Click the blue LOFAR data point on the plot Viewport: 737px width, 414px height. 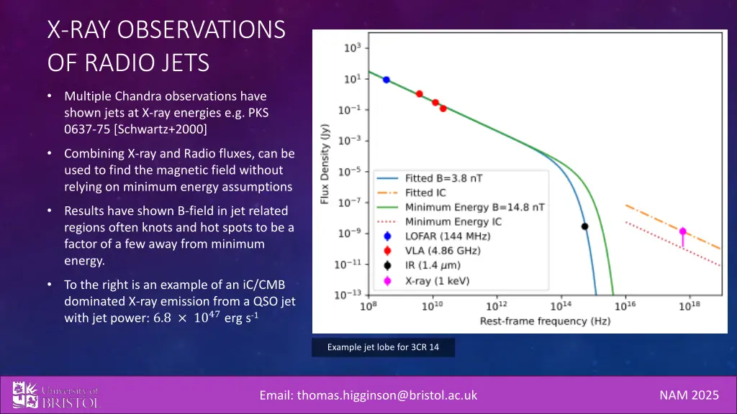tap(386, 80)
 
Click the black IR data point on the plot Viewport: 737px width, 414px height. tap(584, 226)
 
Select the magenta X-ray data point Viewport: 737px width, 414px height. tap(682, 231)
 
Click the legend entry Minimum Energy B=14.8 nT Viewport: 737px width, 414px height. tap(474, 206)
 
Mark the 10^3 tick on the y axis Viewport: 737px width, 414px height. tap(351, 48)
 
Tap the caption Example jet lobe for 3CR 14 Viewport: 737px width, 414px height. tap(383, 348)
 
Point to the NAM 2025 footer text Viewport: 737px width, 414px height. tap(688, 395)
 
